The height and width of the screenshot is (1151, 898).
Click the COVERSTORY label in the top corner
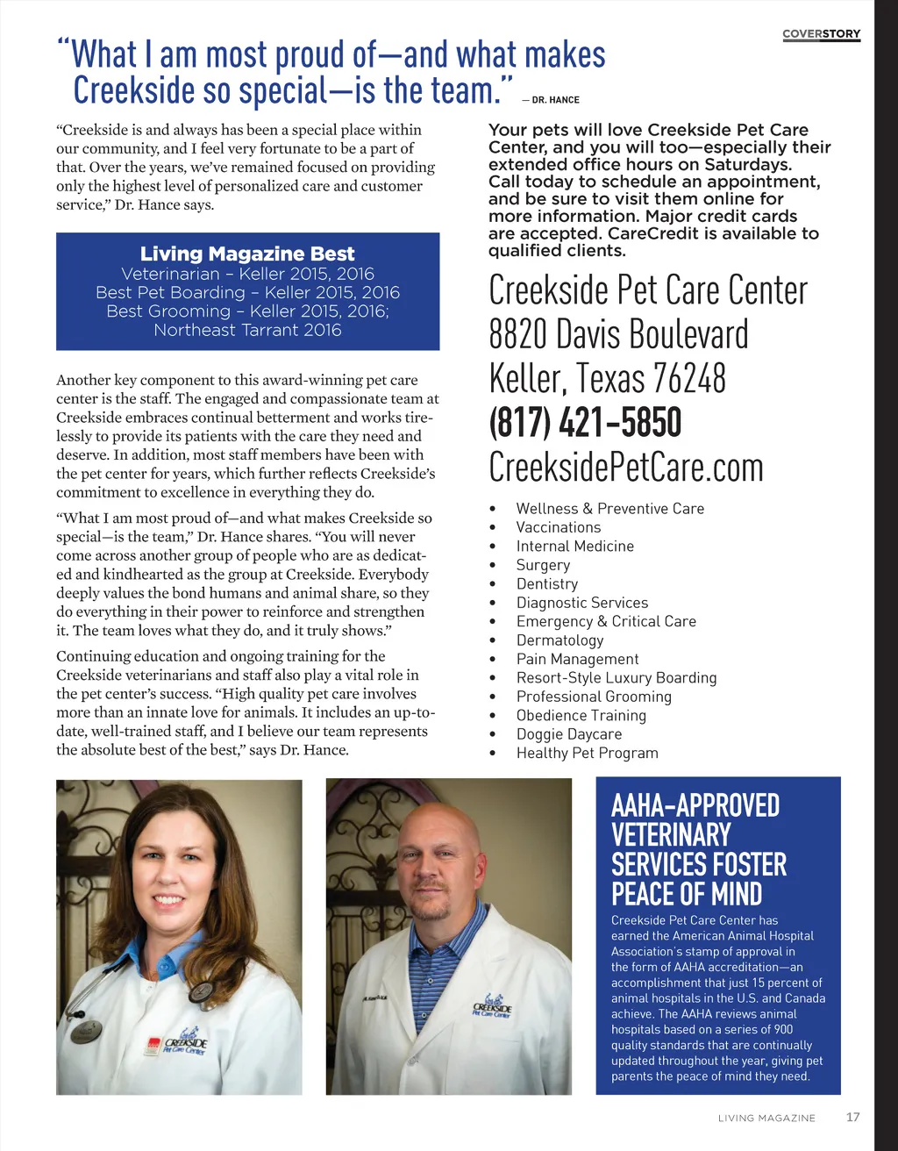coord(821,34)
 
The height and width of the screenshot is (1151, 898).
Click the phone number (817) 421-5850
coord(585,423)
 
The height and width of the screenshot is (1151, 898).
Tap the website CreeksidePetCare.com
coord(625,467)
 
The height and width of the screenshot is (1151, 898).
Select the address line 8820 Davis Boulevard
coord(618,334)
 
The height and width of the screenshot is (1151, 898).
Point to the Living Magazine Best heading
coord(247,254)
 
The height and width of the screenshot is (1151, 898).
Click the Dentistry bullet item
coord(546,583)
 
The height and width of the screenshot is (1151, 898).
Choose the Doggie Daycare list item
coord(568,734)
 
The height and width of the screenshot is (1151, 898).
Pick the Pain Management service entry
coord(577,659)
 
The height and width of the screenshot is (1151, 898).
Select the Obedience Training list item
coord(581,715)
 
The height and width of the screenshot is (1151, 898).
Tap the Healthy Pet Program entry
coord(587,753)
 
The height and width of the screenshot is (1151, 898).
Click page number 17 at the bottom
coord(852,1117)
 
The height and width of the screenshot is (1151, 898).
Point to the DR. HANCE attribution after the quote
coord(555,100)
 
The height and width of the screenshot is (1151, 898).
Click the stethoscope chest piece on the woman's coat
coord(202,991)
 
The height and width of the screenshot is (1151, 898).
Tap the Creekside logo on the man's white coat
coord(491,1009)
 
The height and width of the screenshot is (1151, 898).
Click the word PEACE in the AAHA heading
coord(644,894)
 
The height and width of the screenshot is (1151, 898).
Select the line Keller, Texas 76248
coord(607,378)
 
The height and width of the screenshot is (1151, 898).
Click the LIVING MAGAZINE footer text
coord(766,1118)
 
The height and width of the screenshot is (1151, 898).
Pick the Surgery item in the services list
coord(543,565)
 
